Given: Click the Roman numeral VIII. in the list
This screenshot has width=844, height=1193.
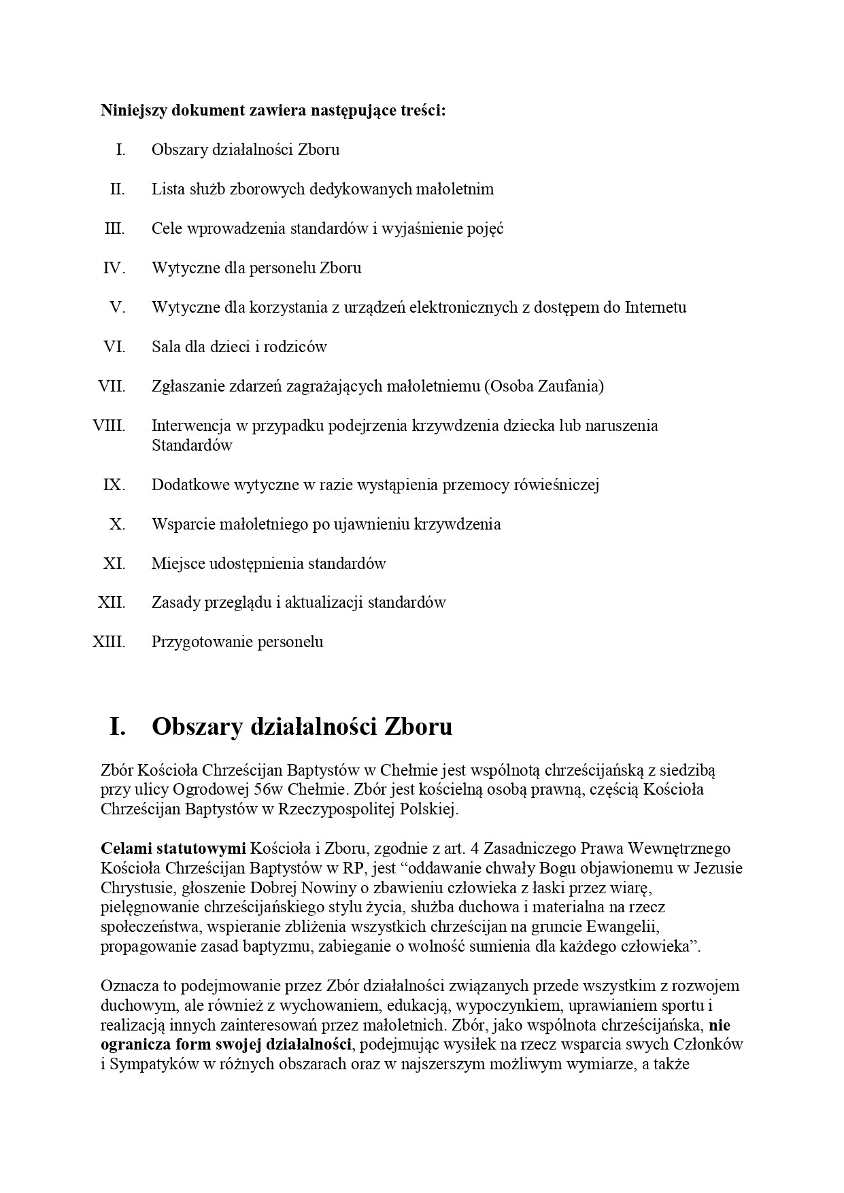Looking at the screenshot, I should (109, 426).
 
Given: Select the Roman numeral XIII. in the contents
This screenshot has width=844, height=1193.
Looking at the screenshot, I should (109, 642).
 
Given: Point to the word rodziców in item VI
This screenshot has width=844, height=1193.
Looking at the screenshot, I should (297, 347).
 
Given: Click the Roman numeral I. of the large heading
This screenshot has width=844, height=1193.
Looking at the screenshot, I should (118, 727).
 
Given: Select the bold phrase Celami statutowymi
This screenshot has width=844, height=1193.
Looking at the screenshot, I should (173, 848).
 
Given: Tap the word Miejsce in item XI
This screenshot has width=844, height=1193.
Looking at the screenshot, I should (174, 564).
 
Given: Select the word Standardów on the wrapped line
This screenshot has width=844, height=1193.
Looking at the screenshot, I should (192, 446).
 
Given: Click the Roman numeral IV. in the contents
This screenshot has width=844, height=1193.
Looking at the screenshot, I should (114, 268).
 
